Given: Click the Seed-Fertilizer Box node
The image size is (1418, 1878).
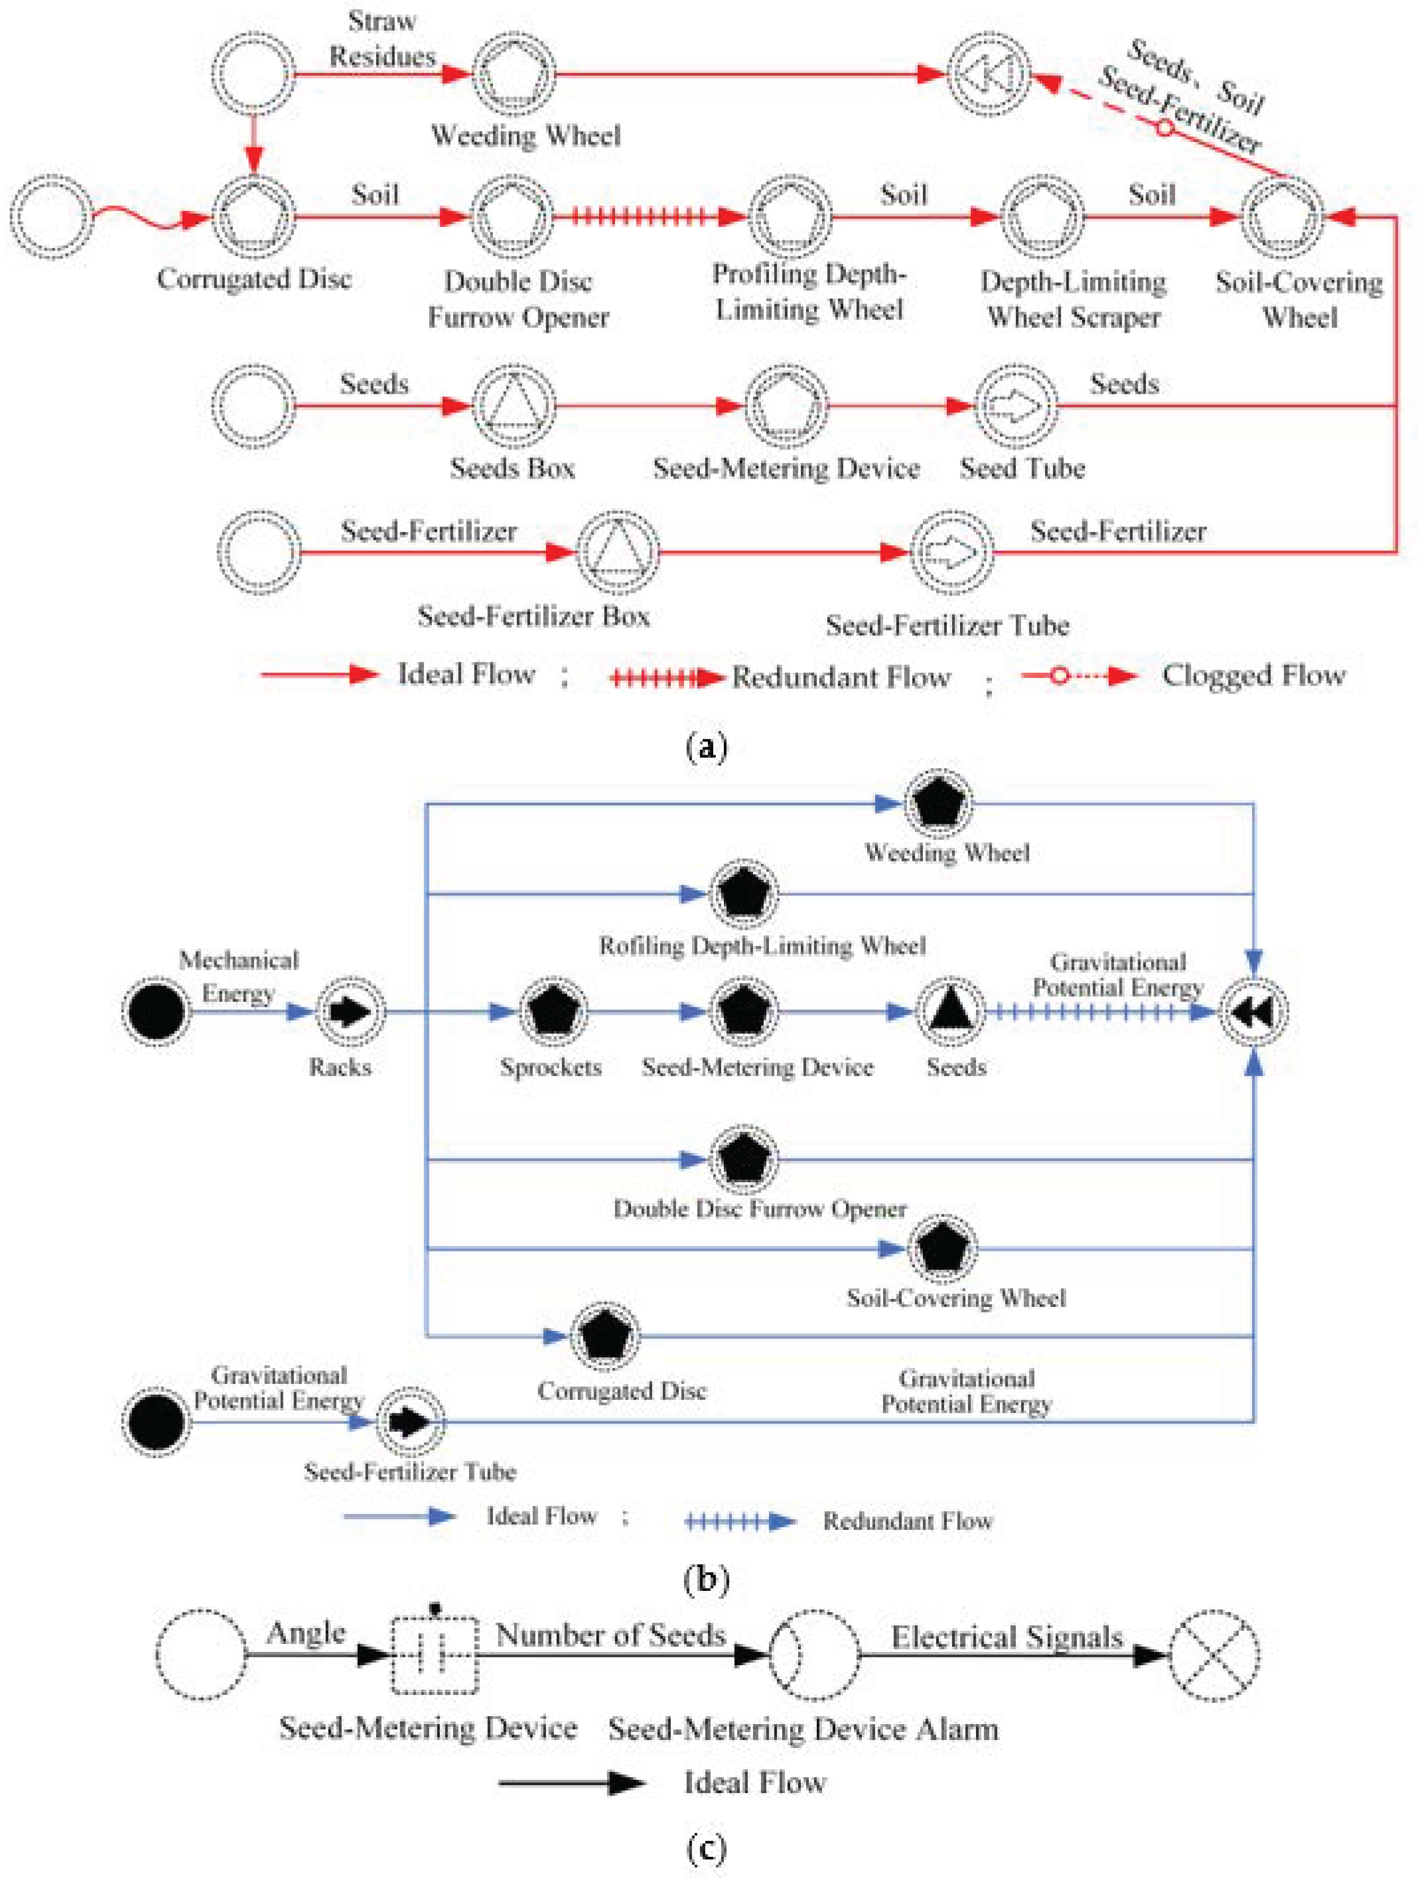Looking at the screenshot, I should [618, 553].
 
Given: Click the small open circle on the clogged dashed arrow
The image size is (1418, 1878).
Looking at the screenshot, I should [1165, 128].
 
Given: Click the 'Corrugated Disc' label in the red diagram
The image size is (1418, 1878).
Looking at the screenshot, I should [254, 279].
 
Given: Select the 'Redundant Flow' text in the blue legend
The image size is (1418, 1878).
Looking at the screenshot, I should [907, 1520].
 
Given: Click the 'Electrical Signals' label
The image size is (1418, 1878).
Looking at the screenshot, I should [1007, 1637].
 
